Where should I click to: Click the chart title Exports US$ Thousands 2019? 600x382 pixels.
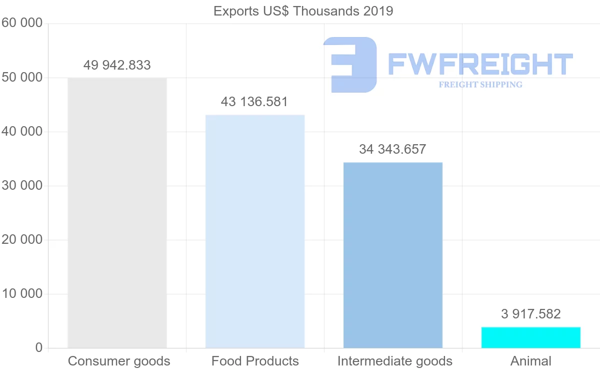tap(303, 11)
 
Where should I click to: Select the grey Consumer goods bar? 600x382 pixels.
tap(117, 213)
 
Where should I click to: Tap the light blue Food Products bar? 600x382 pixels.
tap(255, 231)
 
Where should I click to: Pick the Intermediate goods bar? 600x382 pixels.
tap(393, 255)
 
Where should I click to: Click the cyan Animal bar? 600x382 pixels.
tap(531, 337)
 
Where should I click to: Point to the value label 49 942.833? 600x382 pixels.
tap(117, 65)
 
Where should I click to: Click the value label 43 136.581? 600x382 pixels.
tap(254, 102)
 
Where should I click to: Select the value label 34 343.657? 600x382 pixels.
tap(392, 149)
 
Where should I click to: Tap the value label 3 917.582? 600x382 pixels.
tap(531, 314)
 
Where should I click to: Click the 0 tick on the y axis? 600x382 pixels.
tap(38, 348)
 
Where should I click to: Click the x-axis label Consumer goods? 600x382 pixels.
tap(119, 361)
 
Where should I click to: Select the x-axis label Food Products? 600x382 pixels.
tap(255, 361)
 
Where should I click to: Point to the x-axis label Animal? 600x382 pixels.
tap(531, 361)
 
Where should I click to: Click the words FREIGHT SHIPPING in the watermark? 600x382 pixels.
tap(480, 85)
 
